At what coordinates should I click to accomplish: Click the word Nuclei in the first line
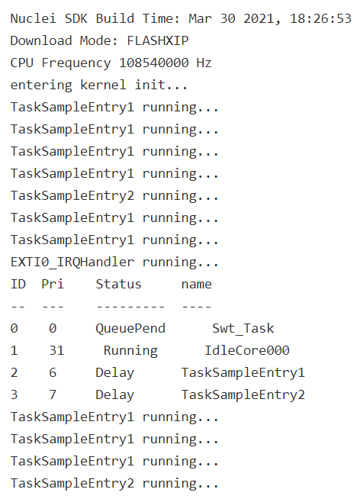33,18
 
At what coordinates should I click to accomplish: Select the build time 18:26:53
320,18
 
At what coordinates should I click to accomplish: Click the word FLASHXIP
158,40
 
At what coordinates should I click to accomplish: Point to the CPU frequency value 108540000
153,63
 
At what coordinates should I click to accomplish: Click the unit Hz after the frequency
204,63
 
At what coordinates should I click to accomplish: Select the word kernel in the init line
103,85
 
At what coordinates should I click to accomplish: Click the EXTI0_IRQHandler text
72,262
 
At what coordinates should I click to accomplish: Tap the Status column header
119,284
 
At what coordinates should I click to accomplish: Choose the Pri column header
53,284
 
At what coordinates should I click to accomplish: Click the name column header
197,284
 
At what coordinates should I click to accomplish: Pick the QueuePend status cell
130,329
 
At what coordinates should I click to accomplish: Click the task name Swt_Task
243,329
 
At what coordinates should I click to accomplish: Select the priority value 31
56,350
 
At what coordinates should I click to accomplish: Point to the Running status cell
130,351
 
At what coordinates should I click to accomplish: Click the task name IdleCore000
247,350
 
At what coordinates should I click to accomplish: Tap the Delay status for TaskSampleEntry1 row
115,373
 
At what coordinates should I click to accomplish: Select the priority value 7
53,394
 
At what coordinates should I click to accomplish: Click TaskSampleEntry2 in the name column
243,395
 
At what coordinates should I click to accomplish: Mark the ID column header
18,284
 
